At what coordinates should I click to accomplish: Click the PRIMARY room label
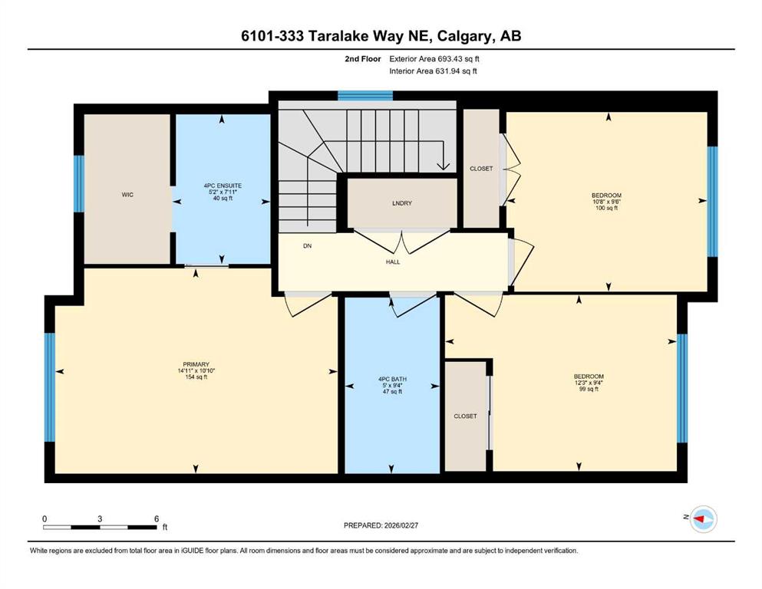coord(196,364)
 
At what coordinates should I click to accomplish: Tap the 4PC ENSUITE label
coord(223,186)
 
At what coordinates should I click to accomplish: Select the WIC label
coord(127,195)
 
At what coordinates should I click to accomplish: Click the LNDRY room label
coord(402,203)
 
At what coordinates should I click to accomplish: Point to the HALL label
coord(393,262)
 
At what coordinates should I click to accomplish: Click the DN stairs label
coord(307,245)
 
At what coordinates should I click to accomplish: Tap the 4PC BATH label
coord(392,379)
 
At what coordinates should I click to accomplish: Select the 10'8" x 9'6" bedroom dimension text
coord(606,202)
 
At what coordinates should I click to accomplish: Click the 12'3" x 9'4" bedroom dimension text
coord(589,383)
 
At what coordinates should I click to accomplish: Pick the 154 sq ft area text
coord(196,377)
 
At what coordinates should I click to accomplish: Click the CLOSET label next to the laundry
coord(481,169)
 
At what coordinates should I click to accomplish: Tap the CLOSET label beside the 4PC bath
coord(465,416)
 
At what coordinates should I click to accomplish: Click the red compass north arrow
coord(700,519)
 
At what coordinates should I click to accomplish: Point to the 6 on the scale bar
coord(157,518)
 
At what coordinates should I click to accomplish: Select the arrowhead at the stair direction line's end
coord(444,166)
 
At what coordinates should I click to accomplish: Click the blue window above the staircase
coord(365,96)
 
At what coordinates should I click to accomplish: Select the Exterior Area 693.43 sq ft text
coord(434,59)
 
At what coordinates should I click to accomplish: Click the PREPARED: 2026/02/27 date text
coord(381,525)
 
